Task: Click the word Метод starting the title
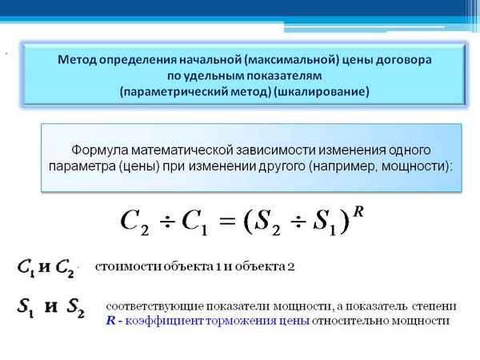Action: click(78, 60)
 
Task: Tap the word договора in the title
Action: click(401, 60)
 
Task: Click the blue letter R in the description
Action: click(110, 320)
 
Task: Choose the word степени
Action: click(436, 306)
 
